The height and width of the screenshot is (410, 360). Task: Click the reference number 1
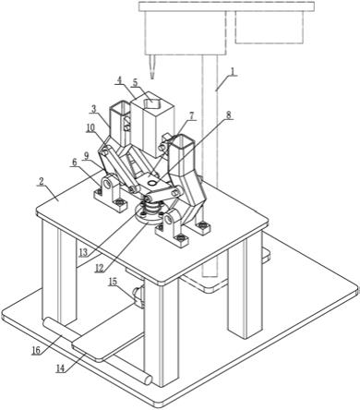(234, 72)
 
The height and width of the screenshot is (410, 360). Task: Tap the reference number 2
(42, 182)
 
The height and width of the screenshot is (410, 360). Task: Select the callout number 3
(94, 109)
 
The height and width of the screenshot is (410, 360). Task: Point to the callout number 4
(120, 80)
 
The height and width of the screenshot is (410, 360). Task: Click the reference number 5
(136, 82)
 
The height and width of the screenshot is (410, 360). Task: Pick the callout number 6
(75, 163)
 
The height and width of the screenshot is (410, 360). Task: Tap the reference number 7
(192, 116)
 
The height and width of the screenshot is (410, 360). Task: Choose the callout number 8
(228, 115)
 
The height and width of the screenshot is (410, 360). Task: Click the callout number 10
(90, 128)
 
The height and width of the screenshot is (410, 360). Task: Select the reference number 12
(100, 268)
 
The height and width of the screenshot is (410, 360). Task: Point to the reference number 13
(83, 253)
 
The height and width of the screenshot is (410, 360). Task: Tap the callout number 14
(61, 368)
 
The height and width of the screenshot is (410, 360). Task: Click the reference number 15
(113, 282)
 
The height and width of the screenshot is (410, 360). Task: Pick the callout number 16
(36, 351)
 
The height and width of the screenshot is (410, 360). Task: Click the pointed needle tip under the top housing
(152, 78)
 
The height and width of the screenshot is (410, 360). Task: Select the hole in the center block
(151, 183)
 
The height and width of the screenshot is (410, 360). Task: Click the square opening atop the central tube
(152, 102)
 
